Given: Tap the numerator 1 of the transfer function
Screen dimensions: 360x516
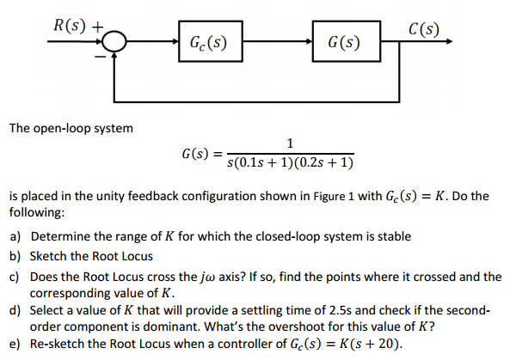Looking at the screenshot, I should tap(292, 143).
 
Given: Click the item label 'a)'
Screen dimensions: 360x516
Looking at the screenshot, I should tap(15, 236).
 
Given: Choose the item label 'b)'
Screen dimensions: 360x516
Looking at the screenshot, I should tap(15, 256).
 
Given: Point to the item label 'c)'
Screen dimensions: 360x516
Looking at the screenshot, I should tap(15, 277).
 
